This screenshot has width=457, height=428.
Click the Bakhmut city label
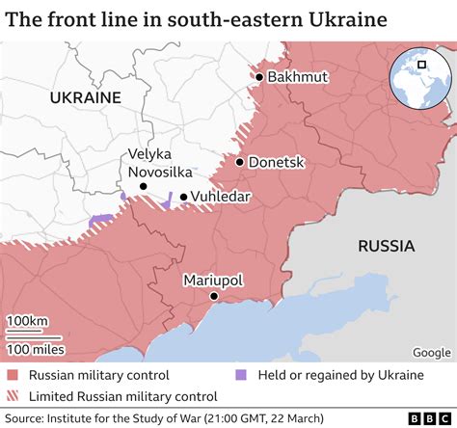tap(300, 77)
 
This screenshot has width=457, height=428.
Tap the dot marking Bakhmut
tap(259, 77)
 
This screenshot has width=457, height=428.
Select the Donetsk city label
tap(276, 163)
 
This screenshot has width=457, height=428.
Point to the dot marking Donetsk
tap(239, 163)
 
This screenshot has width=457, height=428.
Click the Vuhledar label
tap(223, 197)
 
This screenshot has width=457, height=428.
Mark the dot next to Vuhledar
tap(183, 197)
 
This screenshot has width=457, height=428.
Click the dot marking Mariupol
tap(213, 298)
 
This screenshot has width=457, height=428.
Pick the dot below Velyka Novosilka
tap(143, 186)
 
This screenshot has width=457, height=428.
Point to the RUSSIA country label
tap(386, 246)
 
